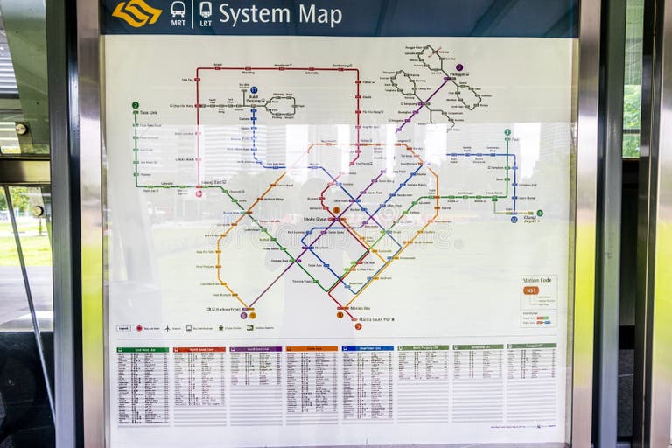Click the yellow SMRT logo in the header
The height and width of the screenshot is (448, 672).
coord(137,12)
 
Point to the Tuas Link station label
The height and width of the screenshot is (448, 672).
coord(149,112)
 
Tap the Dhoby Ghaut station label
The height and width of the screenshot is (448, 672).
coord(315,219)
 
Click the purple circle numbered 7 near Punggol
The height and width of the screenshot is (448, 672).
coord(459,67)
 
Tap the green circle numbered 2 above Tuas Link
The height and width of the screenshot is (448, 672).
coord(136,105)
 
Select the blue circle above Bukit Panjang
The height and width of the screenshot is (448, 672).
coord(254,90)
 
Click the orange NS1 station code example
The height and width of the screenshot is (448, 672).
coord(531,290)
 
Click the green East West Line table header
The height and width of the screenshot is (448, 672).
coord(143,349)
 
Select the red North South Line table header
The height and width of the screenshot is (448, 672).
coord(199,349)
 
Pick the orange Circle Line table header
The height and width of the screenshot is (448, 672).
coord(311,349)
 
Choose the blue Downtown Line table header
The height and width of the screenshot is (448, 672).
coord(367,348)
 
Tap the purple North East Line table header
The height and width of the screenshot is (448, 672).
coord(255,349)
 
